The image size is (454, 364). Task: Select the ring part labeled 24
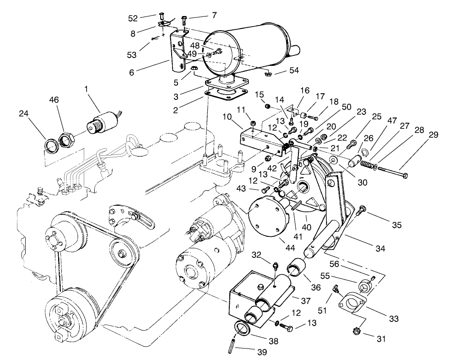51,146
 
